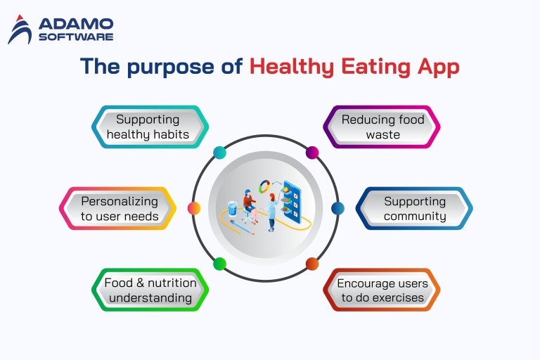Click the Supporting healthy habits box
click(x=150, y=127)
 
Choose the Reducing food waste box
click(x=382, y=127)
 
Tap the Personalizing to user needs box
click(x=118, y=209)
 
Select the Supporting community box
click(x=414, y=209)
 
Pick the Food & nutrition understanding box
click(x=149, y=290)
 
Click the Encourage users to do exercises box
click(x=382, y=290)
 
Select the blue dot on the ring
click(x=337, y=208)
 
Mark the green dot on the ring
click(x=219, y=264)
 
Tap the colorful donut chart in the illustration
click(x=265, y=186)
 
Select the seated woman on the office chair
click(x=248, y=204)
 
